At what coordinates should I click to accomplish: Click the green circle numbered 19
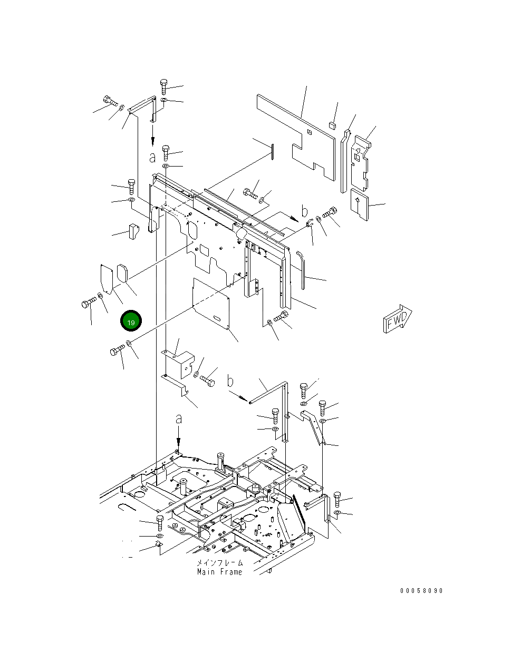click(131, 322)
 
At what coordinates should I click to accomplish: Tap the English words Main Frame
click(219, 572)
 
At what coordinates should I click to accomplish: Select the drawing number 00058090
click(421, 590)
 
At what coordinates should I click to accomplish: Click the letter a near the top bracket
click(152, 157)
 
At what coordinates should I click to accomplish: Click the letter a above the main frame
click(179, 419)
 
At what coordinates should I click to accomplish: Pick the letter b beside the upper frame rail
click(304, 211)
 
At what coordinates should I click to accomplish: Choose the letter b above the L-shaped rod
click(230, 380)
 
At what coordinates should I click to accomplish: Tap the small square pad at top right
click(332, 125)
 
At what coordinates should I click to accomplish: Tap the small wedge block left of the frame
click(132, 230)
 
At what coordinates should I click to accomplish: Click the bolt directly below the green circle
click(117, 350)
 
